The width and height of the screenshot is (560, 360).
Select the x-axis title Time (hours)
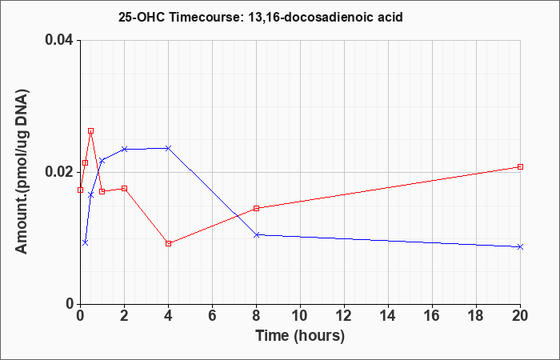300,335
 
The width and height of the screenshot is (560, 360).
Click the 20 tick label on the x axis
520,317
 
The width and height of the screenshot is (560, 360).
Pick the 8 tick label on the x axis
256,317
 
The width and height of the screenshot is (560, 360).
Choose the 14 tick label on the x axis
388,317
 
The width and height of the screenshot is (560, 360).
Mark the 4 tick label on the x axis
168,317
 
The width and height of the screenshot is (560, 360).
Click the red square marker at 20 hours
520,166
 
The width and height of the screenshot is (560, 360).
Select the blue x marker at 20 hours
520,246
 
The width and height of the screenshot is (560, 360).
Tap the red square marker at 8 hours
256,208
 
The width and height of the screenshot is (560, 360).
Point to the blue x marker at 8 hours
256,234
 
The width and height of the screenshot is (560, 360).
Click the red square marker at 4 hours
168,243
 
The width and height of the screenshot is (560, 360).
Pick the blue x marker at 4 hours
168,148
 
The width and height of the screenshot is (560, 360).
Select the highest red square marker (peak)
90,130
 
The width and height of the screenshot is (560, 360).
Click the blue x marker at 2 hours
124,149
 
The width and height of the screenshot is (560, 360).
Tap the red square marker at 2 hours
124,188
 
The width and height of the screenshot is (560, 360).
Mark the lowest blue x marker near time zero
85,242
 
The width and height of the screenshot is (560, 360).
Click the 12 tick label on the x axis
344,317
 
